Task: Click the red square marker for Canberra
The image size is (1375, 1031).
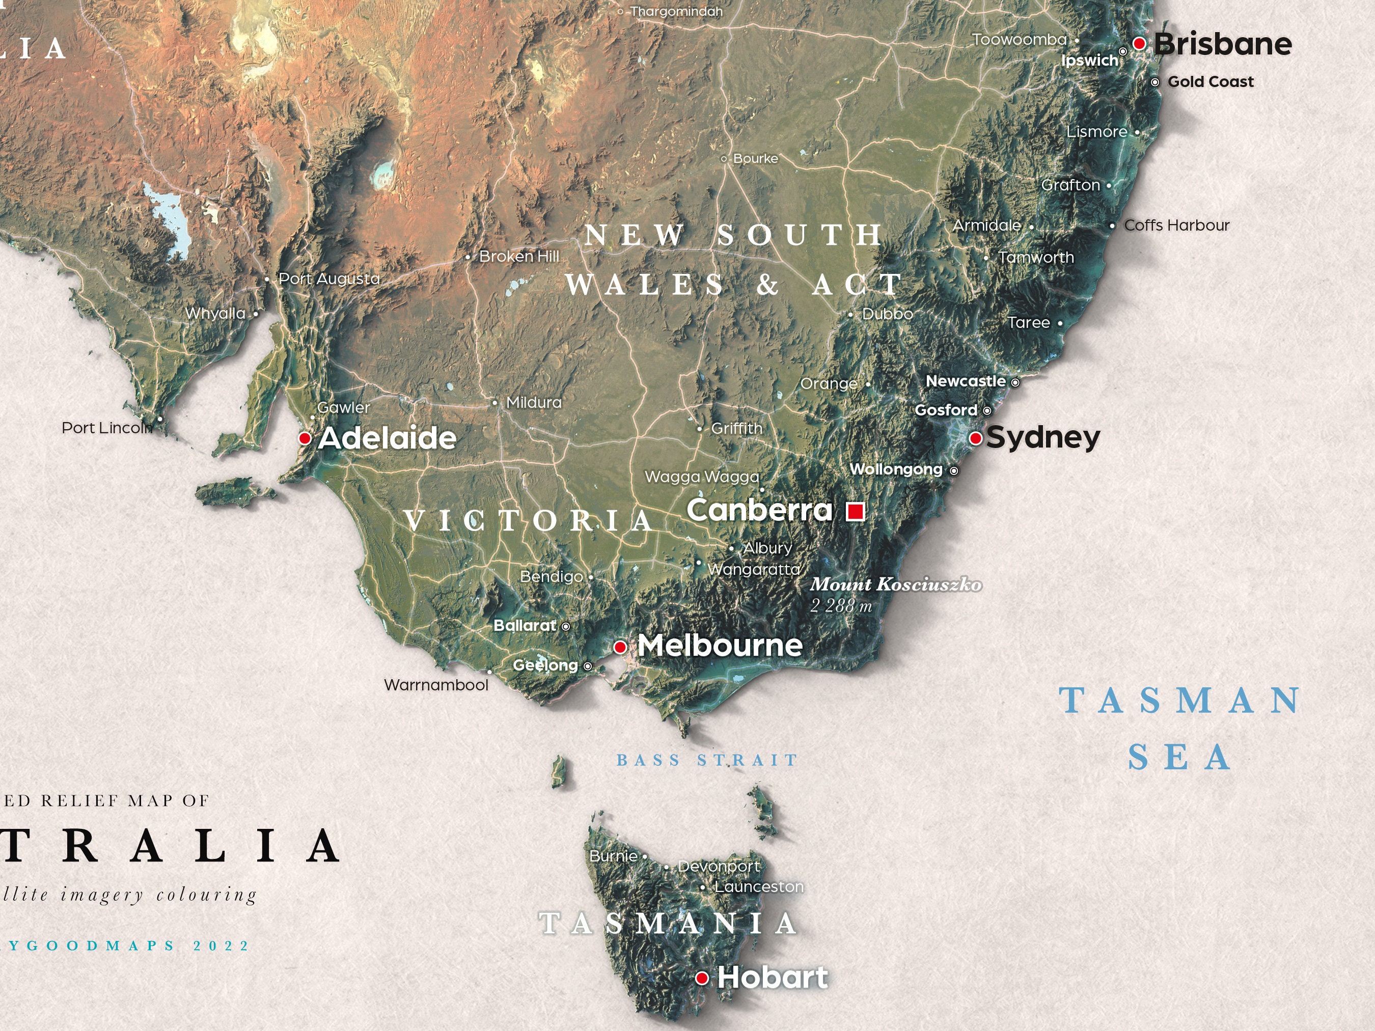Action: [x=856, y=512]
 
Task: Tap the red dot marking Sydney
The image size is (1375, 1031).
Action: [x=975, y=439]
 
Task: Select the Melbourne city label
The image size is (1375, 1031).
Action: [x=720, y=646]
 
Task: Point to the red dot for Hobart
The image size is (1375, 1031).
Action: [x=702, y=979]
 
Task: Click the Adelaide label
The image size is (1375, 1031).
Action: [x=387, y=438]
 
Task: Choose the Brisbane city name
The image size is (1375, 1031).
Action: [x=1223, y=44]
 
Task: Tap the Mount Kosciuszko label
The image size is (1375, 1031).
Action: [x=896, y=584]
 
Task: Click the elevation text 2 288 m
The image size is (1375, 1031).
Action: [x=841, y=605]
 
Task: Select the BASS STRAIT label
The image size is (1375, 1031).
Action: [x=707, y=760]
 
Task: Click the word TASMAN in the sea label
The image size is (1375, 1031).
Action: [x=1180, y=701]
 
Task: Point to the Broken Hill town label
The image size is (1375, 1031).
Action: [x=519, y=256]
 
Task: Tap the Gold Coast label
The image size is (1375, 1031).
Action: [x=1211, y=81]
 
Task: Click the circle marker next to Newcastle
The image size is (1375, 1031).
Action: [x=1015, y=383]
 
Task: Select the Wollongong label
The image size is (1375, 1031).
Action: [x=896, y=469]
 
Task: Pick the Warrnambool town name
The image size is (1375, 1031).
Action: [x=436, y=685]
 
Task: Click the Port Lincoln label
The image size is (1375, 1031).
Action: [x=107, y=428]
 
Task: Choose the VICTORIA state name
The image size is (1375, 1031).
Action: [x=529, y=521]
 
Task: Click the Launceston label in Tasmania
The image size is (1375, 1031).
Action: [x=759, y=887]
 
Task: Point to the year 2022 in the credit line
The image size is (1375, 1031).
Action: [x=222, y=946]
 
